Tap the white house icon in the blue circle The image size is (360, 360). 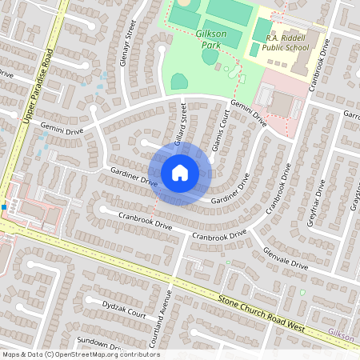180,173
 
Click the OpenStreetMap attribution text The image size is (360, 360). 80,354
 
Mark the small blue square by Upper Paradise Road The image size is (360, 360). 5,207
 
